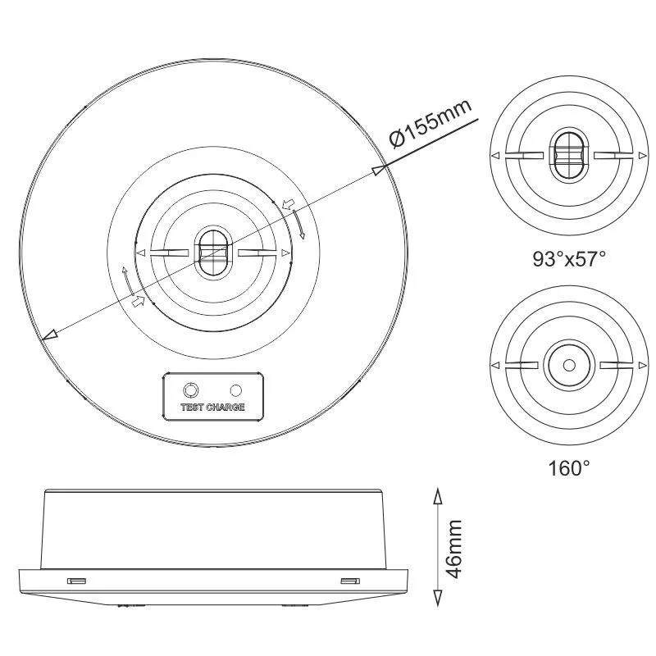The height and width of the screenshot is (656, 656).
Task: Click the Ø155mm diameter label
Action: tap(431, 124)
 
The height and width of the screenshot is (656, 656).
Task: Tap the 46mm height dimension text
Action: tap(454, 549)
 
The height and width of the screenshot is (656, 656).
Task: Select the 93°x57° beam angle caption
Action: tap(569, 259)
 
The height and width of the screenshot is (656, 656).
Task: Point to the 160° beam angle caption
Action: tap(569, 468)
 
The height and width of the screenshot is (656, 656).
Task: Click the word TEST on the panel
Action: tap(192, 407)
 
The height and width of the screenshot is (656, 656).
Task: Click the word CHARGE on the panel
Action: tap(225, 407)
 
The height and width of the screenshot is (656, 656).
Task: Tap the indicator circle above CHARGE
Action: tap(236, 390)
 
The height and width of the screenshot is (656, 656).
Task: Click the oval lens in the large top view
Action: tap(213, 253)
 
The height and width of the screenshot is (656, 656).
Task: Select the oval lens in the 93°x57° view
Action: tap(568, 155)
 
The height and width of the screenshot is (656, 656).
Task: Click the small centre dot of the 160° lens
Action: tap(569, 365)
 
